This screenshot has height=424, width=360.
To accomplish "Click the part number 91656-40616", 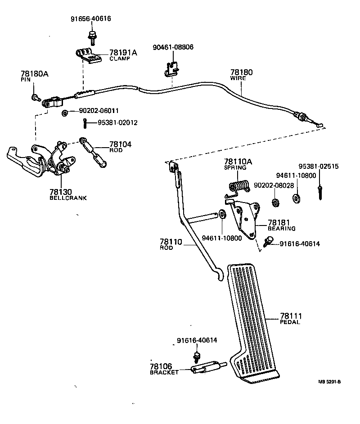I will (90, 19).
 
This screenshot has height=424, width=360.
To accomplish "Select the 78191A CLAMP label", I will (122, 55).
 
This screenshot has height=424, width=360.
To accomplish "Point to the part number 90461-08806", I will (173, 47).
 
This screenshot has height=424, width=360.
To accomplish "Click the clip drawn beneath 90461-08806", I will (170, 68).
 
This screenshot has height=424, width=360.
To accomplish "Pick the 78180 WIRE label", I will (241, 74).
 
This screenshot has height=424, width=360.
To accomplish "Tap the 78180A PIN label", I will (34, 75).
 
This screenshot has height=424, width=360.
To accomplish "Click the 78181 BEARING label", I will (281, 225).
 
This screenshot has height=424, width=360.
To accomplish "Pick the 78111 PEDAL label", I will (291, 318).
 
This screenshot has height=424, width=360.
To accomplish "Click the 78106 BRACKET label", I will (164, 369).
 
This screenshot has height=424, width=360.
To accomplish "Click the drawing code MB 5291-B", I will (329, 382).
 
